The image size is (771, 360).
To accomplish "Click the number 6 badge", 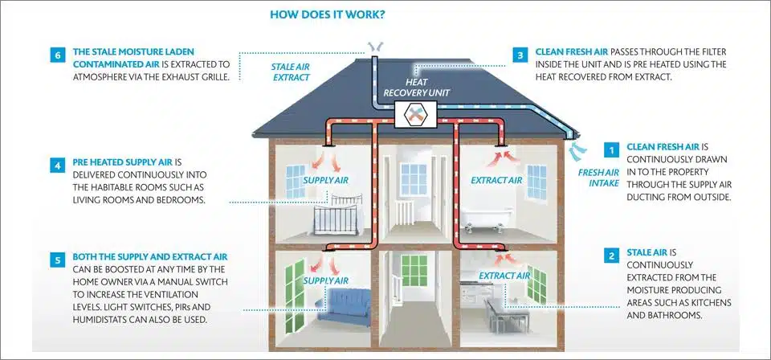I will click(56, 55).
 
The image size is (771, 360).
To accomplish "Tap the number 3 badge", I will click(520, 55).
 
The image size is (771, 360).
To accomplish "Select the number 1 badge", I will click(612, 149).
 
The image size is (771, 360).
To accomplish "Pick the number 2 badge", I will click(612, 256).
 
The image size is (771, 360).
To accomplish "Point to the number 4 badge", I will click(56, 166).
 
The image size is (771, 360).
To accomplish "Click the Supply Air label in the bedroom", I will click(325, 179).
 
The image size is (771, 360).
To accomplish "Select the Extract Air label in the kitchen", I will click(504, 276).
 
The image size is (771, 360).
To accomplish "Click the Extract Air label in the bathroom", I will click(496, 180).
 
